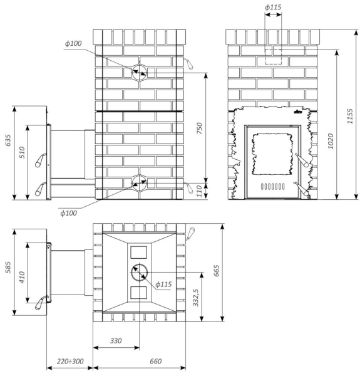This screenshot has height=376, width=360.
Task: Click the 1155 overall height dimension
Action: tap(350, 117)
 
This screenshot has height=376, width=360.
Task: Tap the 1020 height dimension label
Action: tap(331, 141)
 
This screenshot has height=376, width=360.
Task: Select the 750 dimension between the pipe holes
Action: tap(199, 128)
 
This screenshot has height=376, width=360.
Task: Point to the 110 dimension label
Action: tap(199, 191)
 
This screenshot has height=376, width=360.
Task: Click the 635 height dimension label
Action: tap(8, 140)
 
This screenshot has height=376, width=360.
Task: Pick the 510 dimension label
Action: tap(22, 152)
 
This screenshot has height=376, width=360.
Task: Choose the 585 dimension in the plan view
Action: tap(8, 267)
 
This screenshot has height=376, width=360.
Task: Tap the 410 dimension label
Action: tap(22, 278)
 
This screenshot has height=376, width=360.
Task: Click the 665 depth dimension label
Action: tap(216, 271)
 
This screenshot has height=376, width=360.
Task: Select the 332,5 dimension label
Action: tap(196, 298)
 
